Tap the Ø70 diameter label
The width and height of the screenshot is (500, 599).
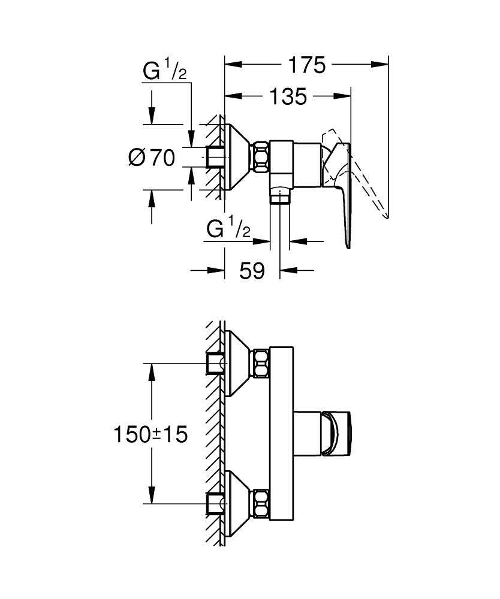point(151,158)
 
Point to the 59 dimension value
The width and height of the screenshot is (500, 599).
point(252,271)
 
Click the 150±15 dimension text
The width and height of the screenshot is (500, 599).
point(150,434)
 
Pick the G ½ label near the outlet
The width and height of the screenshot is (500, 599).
point(228,229)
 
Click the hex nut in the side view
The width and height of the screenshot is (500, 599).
point(261,157)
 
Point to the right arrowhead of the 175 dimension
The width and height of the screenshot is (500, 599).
point(383,65)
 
